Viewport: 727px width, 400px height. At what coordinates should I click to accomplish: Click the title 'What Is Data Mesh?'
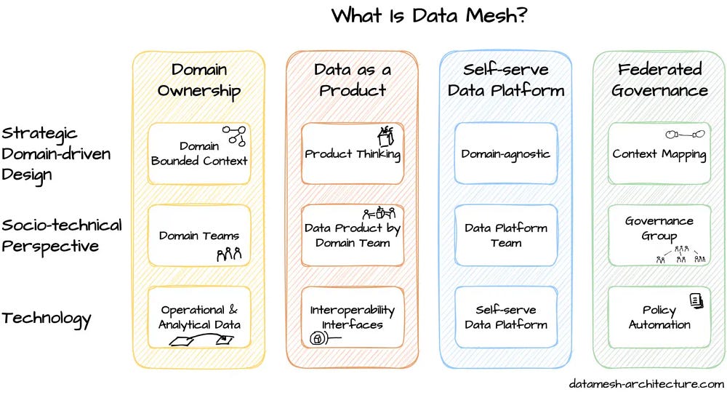[x=430, y=15]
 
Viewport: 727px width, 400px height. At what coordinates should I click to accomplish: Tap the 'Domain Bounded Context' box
[x=199, y=153]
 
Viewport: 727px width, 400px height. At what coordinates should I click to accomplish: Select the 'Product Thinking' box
[x=353, y=153]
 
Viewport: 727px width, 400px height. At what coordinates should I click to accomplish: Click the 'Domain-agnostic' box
[x=506, y=153]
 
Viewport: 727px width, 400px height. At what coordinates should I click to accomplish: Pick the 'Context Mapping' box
[x=659, y=153]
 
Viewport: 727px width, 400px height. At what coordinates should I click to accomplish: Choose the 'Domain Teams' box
[x=199, y=235]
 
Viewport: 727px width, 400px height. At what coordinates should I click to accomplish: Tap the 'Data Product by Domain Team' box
[x=353, y=235]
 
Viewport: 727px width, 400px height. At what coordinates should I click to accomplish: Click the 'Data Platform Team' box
[x=506, y=235]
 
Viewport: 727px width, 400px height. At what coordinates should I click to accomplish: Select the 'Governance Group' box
[x=659, y=235]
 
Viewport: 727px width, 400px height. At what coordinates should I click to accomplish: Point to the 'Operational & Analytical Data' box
[x=199, y=317]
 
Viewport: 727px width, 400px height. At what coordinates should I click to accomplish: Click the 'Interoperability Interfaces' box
[x=353, y=317]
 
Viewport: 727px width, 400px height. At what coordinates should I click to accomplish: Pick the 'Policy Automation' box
[x=659, y=317]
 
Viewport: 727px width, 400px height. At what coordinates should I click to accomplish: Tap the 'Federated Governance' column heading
[x=660, y=80]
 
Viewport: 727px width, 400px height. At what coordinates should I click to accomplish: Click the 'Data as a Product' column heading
[x=353, y=80]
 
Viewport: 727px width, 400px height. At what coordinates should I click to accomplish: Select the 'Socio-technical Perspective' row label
[x=62, y=236]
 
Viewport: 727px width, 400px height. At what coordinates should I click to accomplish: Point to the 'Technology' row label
[x=47, y=319]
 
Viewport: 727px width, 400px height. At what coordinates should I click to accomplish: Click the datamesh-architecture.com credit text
[x=646, y=384]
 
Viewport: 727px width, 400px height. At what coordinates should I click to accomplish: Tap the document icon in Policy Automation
[x=696, y=300]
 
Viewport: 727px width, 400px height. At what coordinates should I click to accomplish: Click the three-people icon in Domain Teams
[x=229, y=254]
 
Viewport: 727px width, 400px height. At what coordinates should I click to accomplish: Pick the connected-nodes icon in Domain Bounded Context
[x=234, y=136]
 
